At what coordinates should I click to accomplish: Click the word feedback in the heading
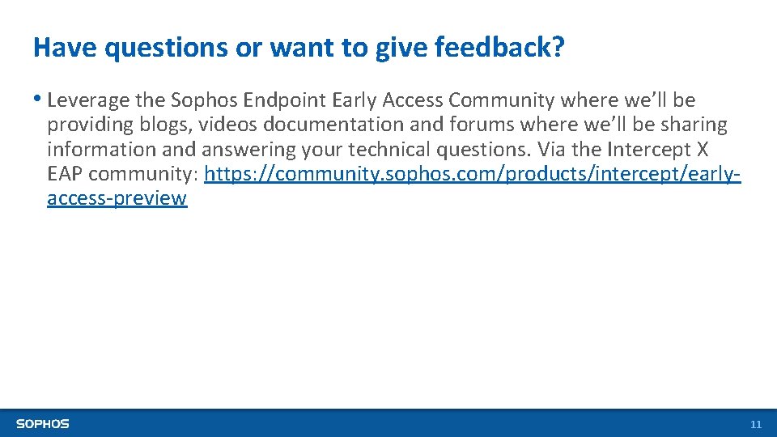[x=499, y=48]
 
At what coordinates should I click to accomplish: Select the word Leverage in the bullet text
[x=88, y=100]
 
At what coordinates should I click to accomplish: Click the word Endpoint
[x=288, y=100]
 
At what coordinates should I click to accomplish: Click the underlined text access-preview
[x=117, y=199]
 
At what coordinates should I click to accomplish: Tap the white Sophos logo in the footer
[x=43, y=424]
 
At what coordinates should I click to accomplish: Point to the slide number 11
[x=756, y=425]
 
